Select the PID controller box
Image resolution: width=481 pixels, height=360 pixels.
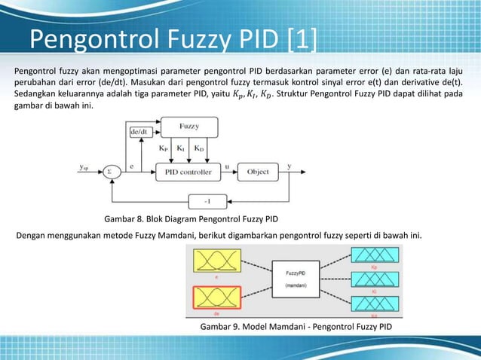click(x=188, y=172)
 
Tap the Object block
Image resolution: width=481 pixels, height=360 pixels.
click(x=258, y=172)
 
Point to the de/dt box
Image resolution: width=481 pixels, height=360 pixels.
click(x=139, y=132)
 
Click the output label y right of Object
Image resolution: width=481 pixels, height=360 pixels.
click(x=289, y=166)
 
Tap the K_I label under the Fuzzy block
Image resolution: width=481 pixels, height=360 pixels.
click(x=180, y=149)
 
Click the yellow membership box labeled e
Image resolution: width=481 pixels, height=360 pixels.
click(x=216, y=263)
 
